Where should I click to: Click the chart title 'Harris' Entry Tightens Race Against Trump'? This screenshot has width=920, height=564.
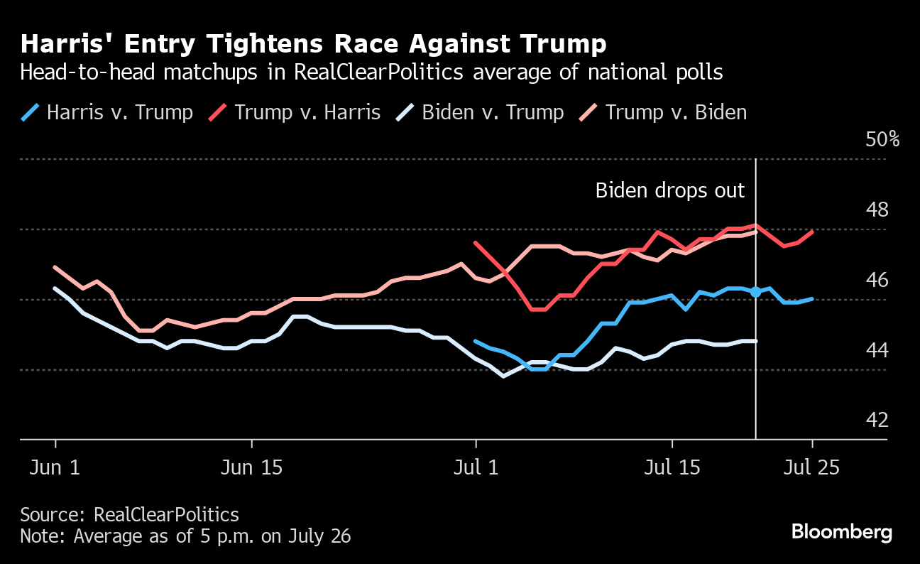[x=313, y=44]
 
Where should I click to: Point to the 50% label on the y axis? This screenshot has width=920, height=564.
[x=882, y=139]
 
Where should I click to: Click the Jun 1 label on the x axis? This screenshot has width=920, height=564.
[x=55, y=468]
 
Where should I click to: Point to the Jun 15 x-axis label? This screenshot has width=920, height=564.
[x=251, y=468]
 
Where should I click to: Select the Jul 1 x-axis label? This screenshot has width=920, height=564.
[x=475, y=468]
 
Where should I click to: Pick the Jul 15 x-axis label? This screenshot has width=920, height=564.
[x=671, y=468]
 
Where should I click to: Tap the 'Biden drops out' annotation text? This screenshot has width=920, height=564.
[x=669, y=190]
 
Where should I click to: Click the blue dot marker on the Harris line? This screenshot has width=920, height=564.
[x=755, y=292]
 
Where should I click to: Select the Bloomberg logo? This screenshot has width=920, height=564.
[x=841, y=531]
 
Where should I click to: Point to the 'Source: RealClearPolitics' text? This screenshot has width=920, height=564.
[x=129, y=514]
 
